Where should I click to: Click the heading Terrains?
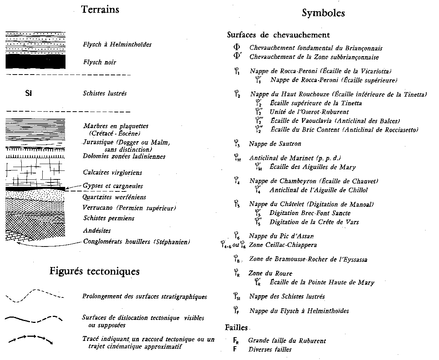tap(100, 10)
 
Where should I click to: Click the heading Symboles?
tap(323, 13)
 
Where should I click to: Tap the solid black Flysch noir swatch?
tap(36, 62)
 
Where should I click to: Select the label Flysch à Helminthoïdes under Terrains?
tap(117, 45)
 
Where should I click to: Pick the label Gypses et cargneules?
tap(113, 186)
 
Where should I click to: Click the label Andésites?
tap(97, 231)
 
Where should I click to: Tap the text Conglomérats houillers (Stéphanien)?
tap(136, 242)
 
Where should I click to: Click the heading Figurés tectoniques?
tap(94, 271)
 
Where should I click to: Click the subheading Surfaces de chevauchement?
tap(278, 35)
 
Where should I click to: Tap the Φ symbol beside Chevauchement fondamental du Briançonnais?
tap(237, 48)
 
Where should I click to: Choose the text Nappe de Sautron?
tap(275, 144)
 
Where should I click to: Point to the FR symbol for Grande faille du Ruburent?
tap(236, 341)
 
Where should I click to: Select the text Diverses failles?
tap(270, 350)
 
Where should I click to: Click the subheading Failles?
tap(237, 327)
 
